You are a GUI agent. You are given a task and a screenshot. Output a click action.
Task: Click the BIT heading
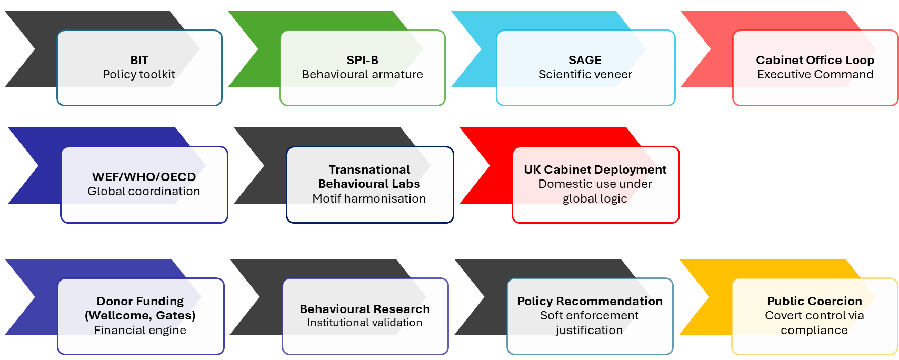click(139, 60)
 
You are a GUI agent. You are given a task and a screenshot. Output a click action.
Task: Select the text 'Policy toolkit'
click(139, 75)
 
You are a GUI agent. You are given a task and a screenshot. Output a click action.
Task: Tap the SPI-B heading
click(362, 60)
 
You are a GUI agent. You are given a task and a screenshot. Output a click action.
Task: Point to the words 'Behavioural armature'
click(362, 75)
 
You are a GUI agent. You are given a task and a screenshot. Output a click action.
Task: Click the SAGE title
click(585, 60)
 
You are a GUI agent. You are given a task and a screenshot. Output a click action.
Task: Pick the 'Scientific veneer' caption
click(585, 75)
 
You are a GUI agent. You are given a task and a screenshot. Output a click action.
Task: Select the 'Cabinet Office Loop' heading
click(815, 60)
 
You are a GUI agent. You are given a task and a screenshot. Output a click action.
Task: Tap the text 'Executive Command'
click(815, 75)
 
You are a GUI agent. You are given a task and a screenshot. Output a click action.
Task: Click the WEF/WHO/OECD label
click(144, 177)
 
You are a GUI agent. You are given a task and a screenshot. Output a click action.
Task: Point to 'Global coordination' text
click(144, 192)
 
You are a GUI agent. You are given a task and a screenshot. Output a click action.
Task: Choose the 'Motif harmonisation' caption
click(369, 199)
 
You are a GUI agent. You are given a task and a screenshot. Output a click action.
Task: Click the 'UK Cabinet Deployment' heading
click(595, 169)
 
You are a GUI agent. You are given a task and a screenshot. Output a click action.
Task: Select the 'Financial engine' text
click(140, 331)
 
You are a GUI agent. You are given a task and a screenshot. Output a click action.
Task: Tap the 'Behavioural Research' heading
click(365, 309)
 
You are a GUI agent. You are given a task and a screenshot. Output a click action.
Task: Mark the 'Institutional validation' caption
click(365, 323)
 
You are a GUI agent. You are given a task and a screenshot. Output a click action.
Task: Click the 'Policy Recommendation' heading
click(590, 301)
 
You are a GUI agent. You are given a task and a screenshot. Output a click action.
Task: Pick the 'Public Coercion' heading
click(814, 301)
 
